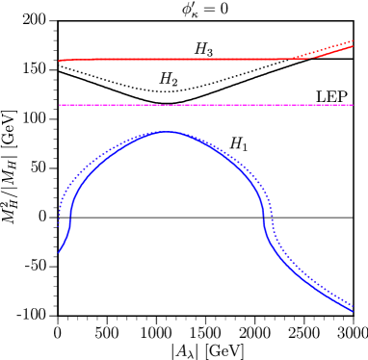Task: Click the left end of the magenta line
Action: pos(60,105)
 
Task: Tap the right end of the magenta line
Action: pos(354,105)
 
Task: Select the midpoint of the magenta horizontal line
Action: pos(206,105)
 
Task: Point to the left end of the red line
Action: pos(60,60)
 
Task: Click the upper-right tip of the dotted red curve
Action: pos(354,40)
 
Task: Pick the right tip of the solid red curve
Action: pos(354,46)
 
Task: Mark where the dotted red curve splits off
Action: pos(281,59)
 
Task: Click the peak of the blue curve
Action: pos(167,131)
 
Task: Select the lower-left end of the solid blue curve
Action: pos(59,252)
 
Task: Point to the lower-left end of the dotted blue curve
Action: pos(59,224)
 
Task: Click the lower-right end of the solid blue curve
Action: pos(354,311)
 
